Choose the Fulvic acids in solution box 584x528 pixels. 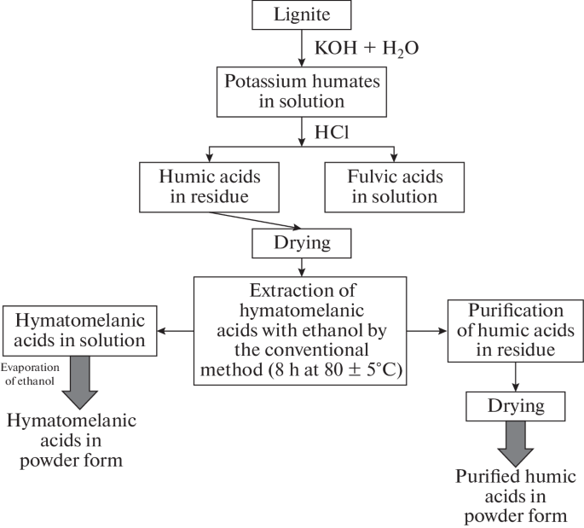click(394, 185)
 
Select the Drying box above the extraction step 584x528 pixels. click(302, 244)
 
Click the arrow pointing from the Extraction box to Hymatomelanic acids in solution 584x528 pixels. click(180, 330)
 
